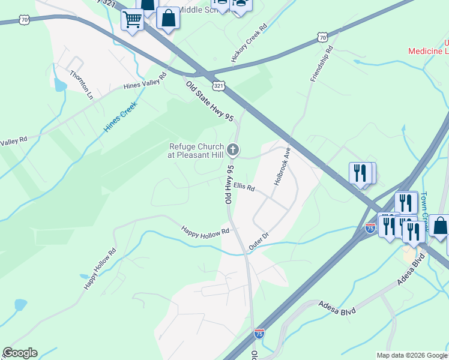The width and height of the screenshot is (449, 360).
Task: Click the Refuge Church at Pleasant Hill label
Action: click(196, 151)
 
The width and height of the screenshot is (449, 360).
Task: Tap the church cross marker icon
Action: click(234, 149)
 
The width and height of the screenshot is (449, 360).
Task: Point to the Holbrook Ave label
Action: click(282, 166)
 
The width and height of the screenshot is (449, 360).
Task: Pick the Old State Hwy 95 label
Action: click(208, 103)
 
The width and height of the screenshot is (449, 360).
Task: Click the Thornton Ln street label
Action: click(82, 85)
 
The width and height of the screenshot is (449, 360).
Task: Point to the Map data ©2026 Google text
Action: click(411, 355)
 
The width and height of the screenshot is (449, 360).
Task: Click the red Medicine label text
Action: click(429, 51)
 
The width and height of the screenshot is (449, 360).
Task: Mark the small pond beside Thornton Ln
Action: click(60, 85)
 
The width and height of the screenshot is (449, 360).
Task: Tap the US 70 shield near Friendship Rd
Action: click(323, 38)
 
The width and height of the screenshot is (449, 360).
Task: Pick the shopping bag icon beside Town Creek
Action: click(440, 226)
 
